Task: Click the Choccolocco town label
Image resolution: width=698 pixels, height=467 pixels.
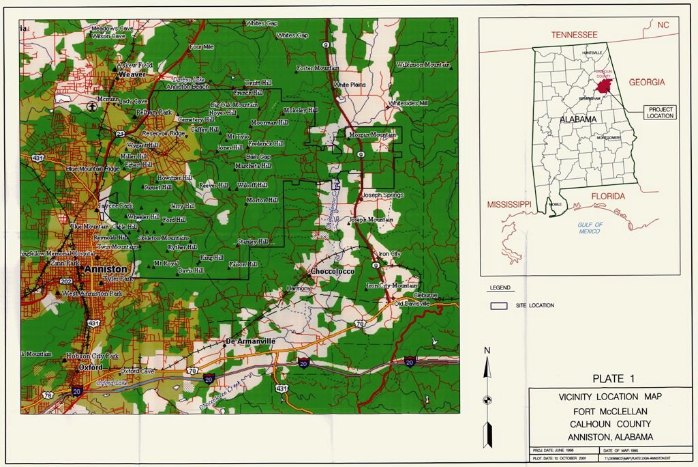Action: (331, 272)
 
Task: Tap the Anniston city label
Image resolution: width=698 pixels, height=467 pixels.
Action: (106, 270)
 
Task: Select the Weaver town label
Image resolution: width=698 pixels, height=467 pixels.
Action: (132, 74)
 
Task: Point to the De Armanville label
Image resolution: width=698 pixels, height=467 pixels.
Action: (249, 341)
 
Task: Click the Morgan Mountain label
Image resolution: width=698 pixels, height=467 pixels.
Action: (372, 135)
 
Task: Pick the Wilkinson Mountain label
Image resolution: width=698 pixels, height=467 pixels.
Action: (423, 65)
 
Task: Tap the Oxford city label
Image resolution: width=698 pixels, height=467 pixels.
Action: (90, 367)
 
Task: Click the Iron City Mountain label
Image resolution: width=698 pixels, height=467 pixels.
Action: (392, 285)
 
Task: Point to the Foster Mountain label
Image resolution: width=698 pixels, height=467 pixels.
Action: (318, 68)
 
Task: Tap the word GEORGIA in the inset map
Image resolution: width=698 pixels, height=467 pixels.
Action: (646, 83)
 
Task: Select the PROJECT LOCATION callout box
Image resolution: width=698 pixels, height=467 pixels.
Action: (661, 112)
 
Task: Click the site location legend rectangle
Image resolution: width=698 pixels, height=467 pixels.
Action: (499, 305)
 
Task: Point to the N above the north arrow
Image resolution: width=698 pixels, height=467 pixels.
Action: (487, 350)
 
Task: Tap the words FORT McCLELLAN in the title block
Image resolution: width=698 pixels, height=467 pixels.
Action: (609, 411)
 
